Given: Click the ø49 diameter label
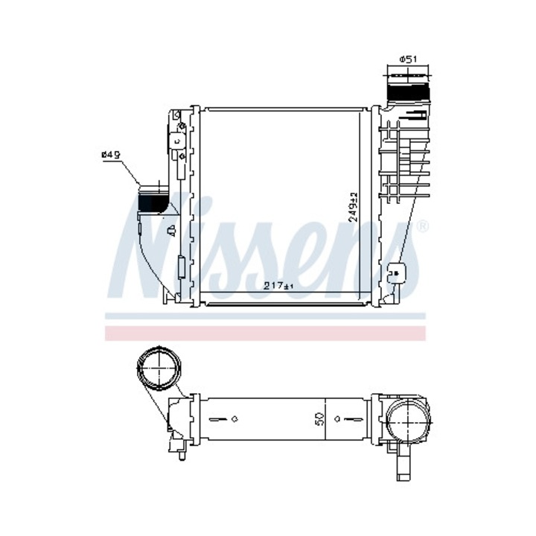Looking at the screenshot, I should [x=111, y=154].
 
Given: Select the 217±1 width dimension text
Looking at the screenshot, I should [x=279, y=285].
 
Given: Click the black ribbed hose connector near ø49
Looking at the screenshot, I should [x=154, y=200].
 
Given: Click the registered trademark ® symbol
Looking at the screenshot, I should [x=423, y=225].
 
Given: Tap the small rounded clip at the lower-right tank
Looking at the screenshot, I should [x=398, y=272].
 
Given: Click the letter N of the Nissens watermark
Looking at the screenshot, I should [x=153, y=246].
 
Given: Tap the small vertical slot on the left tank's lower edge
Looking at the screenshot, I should [x=181, y=264].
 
